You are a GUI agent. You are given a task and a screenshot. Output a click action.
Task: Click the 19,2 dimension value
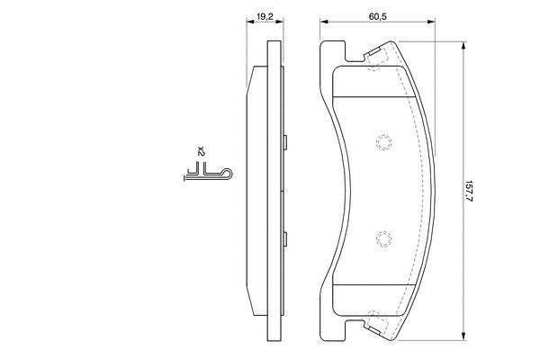(x=265, y=16)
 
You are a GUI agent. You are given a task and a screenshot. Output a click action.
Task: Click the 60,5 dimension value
(x=377, y=16)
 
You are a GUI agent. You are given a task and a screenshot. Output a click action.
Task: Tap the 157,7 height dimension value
(x=468, y=191)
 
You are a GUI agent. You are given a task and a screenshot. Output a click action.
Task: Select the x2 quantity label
(x=201, y=151)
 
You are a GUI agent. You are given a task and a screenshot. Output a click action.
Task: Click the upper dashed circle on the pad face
(x=383, y=142)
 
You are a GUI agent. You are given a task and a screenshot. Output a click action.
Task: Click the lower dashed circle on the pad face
(x=383, y=238)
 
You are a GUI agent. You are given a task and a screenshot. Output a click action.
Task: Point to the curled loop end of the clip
(x=228, y=174)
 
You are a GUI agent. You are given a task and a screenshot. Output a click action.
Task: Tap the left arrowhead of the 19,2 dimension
(x=249, y=22)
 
